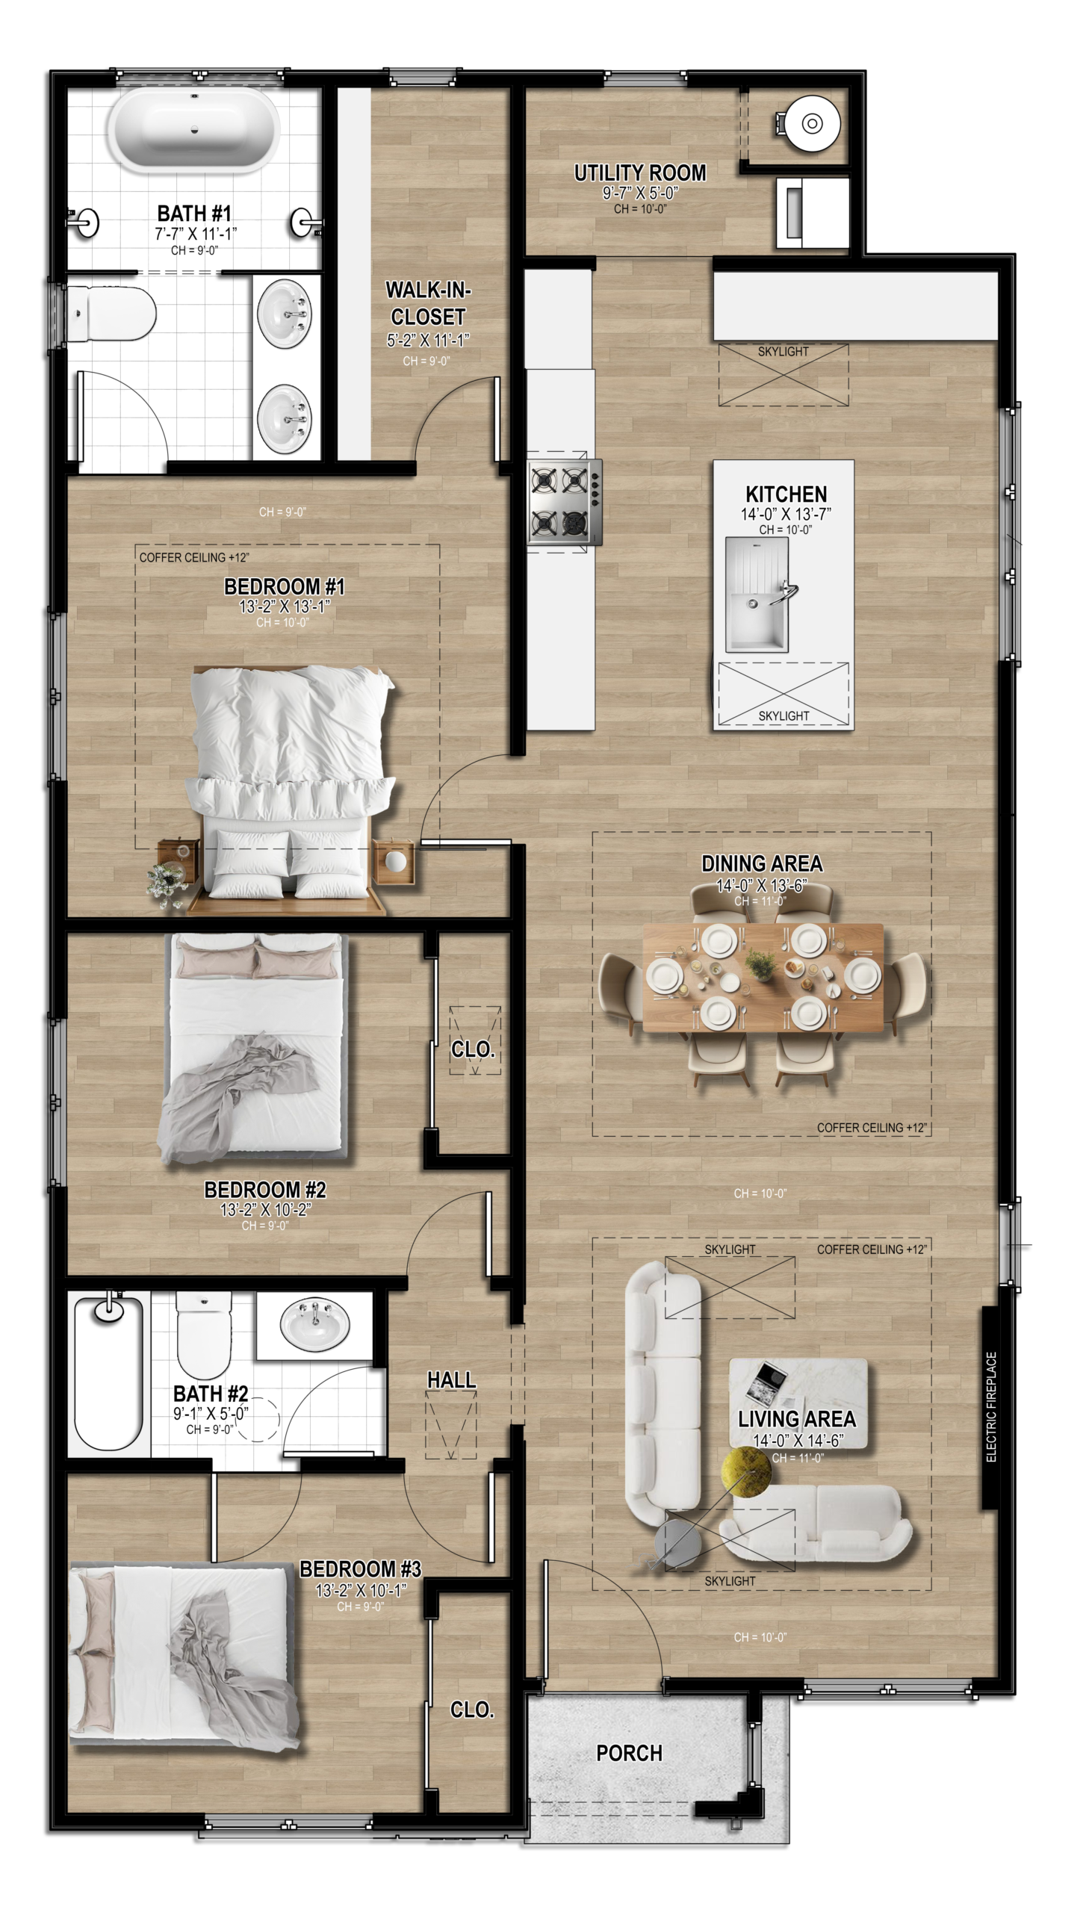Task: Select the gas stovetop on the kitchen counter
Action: tap(565, 502)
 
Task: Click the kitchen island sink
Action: tap(757, 594)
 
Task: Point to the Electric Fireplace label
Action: tap(991, 1406)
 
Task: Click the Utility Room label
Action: tap(639, 173)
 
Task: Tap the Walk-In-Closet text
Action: tap(428, 302)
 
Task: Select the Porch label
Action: tap(629, 1753)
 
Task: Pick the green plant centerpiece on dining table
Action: tap(760, 966)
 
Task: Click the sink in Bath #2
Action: tap(314, 1324)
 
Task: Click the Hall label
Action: tap(451, 1379)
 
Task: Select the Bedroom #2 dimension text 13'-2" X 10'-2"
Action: tap(265, 1209)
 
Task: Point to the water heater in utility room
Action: tap(811, 123)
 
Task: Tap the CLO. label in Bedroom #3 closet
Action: tap(472, 1710)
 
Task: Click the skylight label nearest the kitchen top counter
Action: tap(783, 352)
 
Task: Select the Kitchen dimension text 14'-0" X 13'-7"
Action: tap(785, 515)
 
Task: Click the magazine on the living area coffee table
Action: tap(766, 1380)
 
